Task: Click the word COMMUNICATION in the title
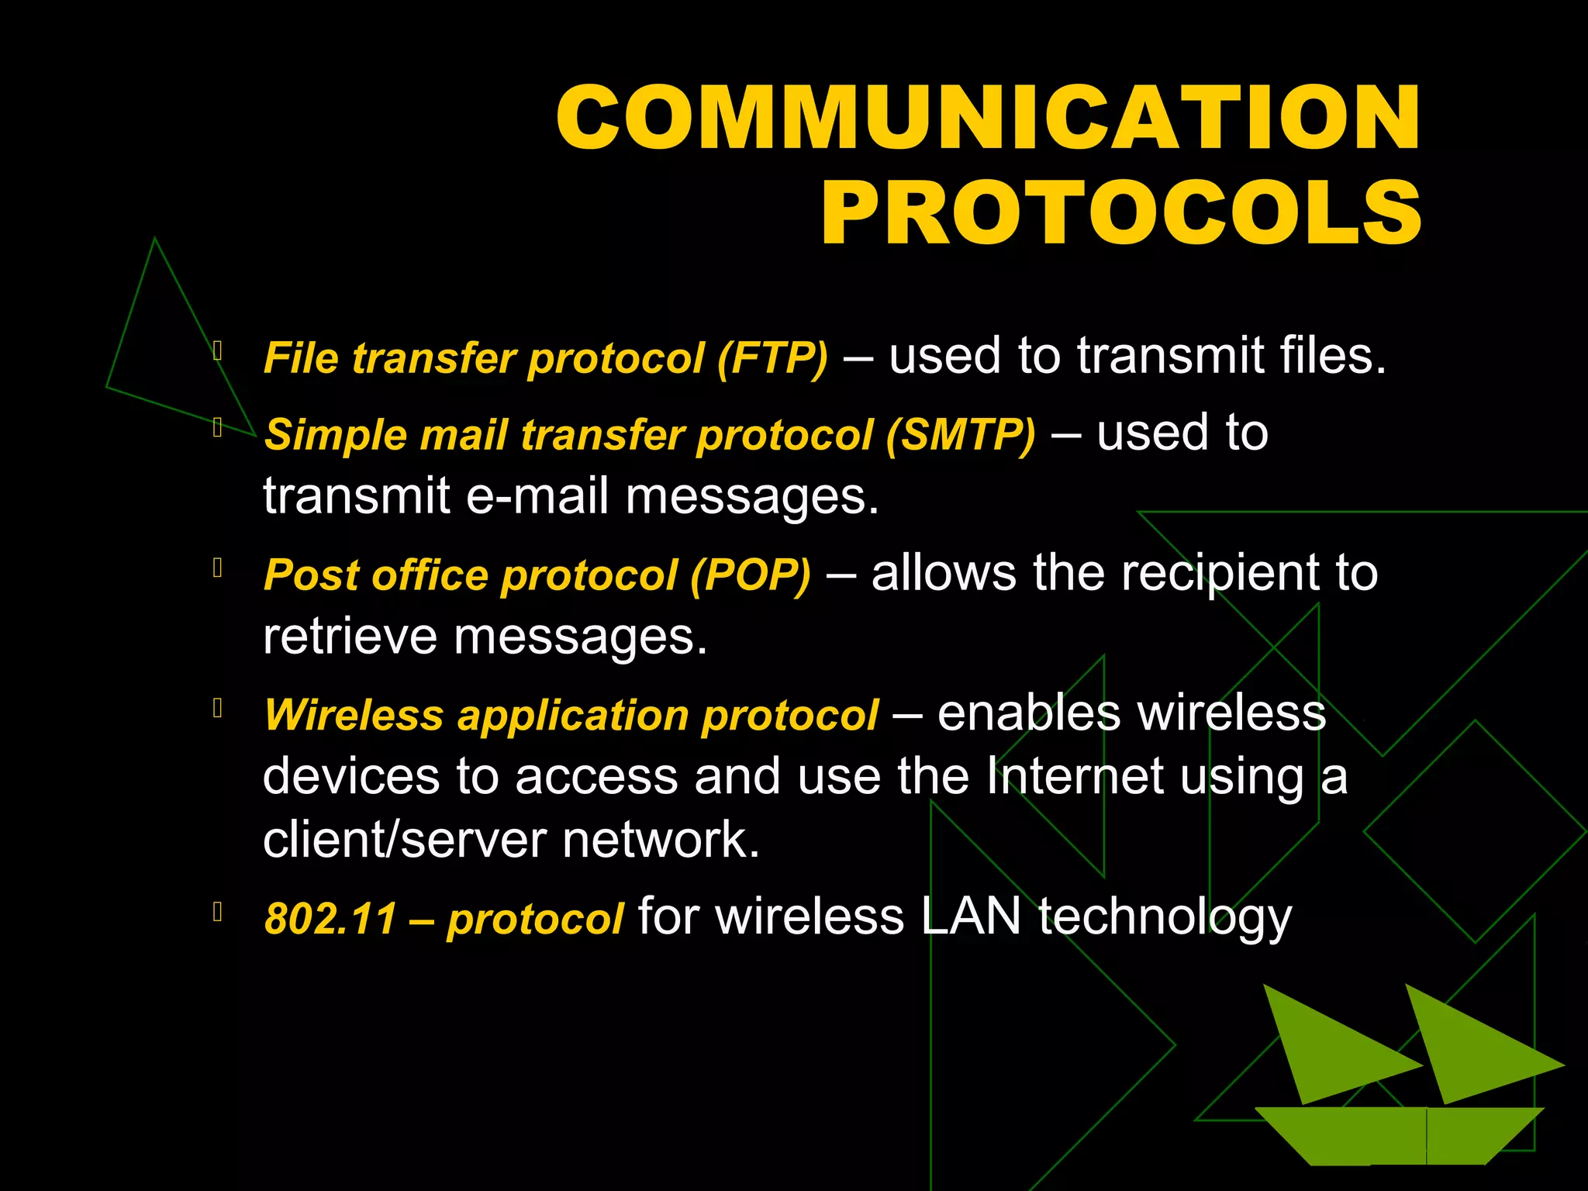989,118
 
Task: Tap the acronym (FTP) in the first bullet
772,358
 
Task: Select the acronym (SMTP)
961,434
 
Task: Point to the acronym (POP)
751,575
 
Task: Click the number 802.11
331,919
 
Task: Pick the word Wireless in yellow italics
354,715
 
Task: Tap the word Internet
1075,776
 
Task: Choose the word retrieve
350,637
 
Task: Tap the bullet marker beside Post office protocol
218,568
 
